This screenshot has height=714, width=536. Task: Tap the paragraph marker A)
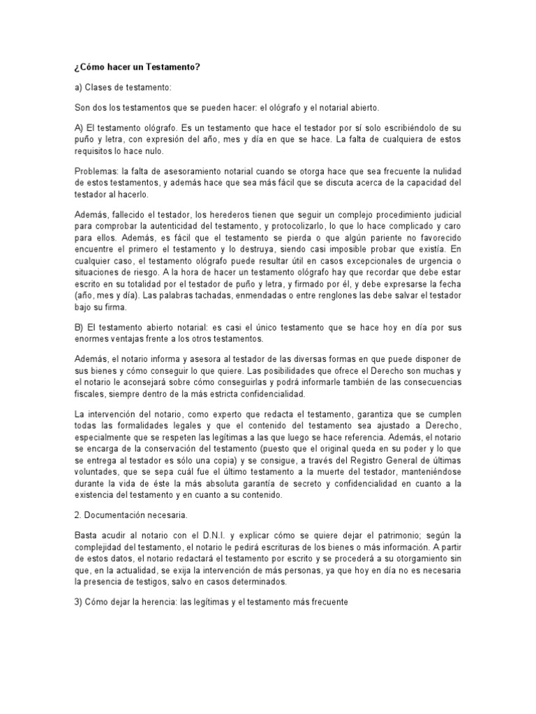[80, 130]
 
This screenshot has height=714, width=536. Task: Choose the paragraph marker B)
[80, 327]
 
